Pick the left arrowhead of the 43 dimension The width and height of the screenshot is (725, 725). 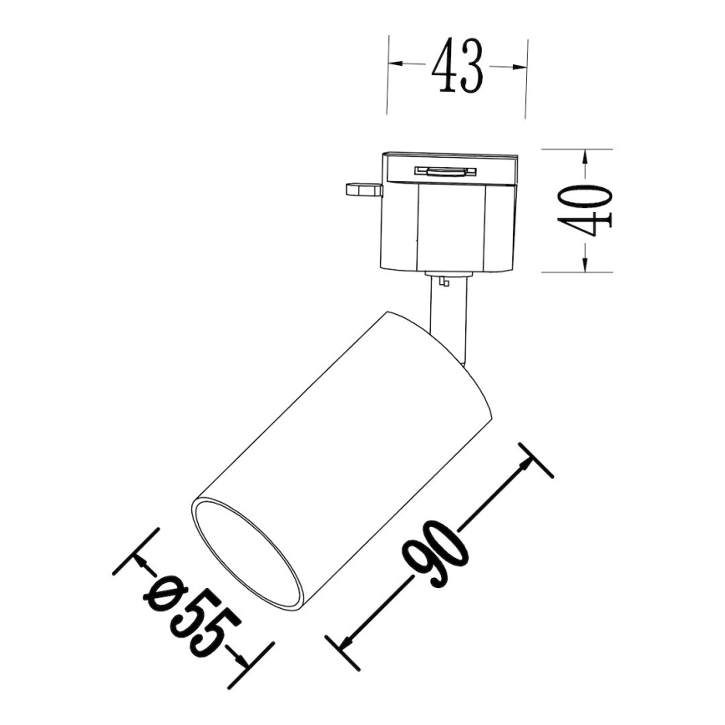[x=396, y=65]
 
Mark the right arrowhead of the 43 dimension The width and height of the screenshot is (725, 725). [x=519, y=65]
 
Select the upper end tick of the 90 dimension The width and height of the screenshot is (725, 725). [x=535, y=460]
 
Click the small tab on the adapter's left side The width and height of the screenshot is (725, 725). [x=362, y=190]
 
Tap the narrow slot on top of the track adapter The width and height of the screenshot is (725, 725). [x=446, y=171]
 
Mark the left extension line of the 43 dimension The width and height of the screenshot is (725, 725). [x=388, y=75]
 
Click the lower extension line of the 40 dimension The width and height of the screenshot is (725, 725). [x=576, y=272]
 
